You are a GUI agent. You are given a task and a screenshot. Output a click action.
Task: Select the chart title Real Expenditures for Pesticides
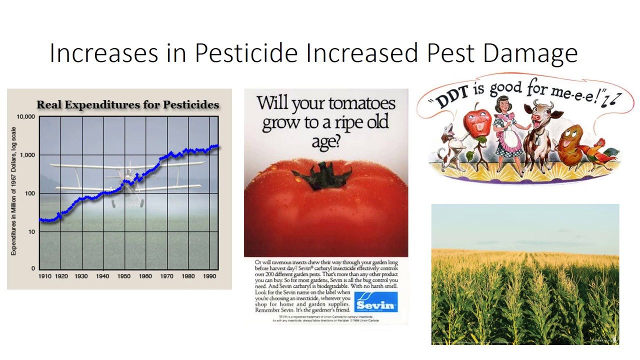point(127,105)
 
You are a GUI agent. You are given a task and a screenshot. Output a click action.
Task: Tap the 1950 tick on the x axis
point(124,276)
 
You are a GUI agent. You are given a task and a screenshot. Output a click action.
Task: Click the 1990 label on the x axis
point(209,276)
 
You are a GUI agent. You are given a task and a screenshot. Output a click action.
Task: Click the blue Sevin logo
point(375,302)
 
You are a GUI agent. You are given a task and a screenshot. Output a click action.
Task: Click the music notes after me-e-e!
point(611,100)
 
